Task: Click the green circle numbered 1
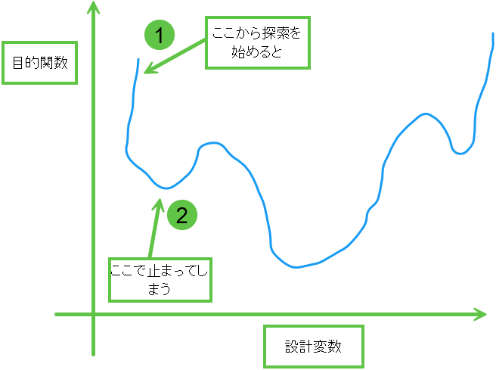(160, 35)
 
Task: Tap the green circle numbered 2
(181, 215)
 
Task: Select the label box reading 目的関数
(40, 64)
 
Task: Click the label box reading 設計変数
(314, 347)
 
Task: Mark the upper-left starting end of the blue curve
(139, 59)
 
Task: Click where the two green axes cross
(94, 313)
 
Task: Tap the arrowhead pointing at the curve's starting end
(148, 70)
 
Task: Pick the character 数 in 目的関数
(62, 64)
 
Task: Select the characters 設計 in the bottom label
(299, 347)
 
